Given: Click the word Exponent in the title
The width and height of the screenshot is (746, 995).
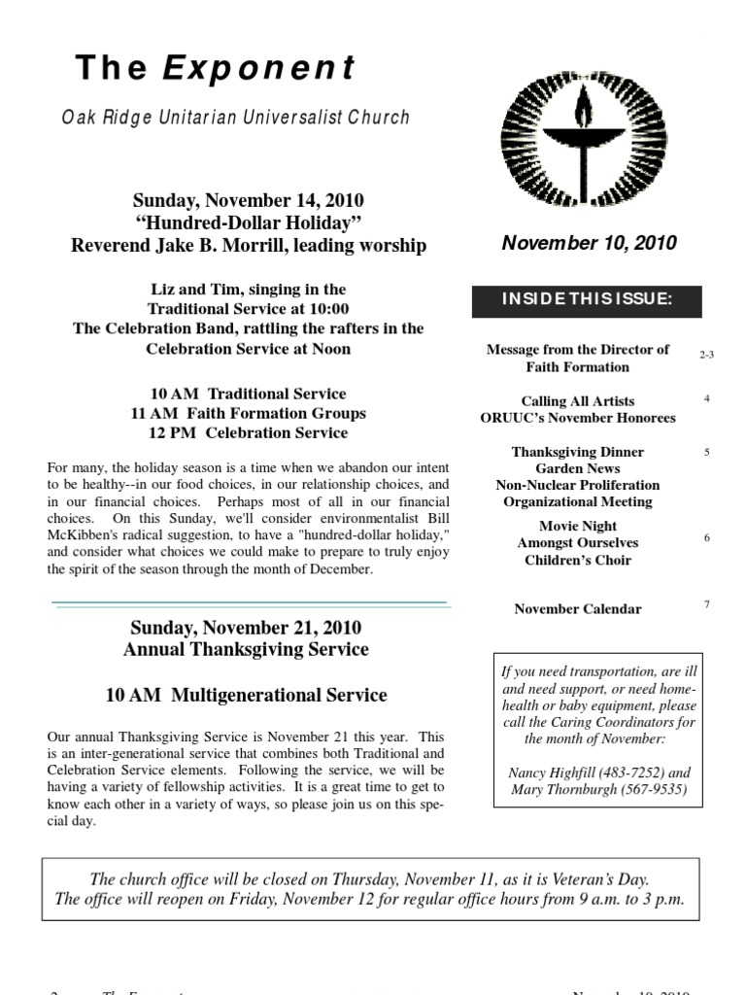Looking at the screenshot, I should pos(259,68).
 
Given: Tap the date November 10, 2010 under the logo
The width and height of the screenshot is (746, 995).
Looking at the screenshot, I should pos(589,243).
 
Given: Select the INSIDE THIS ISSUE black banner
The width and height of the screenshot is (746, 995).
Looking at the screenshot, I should pos(587,299).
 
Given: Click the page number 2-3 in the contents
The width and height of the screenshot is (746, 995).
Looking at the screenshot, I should pos(706,355).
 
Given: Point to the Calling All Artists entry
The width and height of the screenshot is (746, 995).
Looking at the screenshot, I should pos(577,400).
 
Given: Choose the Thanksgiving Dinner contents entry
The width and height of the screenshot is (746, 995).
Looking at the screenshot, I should pos(577,452).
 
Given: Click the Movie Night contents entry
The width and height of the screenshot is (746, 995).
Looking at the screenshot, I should pos(577,527).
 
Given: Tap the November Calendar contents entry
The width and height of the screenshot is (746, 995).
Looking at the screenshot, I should pos(577,609).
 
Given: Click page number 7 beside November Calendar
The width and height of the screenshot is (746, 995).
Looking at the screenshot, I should pos(706,604).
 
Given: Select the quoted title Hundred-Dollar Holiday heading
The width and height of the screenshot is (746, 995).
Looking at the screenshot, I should pos(249,223).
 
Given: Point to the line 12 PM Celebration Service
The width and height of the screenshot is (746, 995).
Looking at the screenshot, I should pos(249,432).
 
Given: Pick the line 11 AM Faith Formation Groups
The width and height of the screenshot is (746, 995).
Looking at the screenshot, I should pos(249,413).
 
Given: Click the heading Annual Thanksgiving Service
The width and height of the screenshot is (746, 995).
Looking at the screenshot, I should pos(246,649).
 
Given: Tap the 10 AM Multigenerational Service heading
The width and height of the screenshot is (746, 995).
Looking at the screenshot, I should pos(246,695).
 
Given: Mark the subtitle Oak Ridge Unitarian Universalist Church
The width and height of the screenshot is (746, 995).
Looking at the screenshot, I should pos(236,118).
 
